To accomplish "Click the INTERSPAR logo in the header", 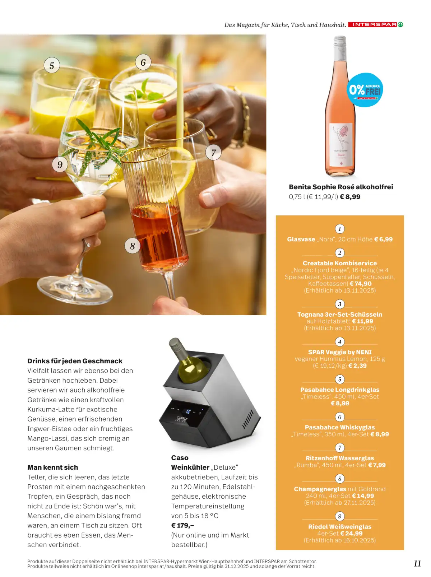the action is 375,24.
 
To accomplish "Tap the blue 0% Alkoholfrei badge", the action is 365,90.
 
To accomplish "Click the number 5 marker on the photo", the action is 52,65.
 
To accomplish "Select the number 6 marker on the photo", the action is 143,62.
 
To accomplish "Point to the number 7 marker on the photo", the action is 213,152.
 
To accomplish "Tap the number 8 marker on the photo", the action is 132,246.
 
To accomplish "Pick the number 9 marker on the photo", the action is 60,164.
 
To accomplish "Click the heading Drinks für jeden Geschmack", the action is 75,360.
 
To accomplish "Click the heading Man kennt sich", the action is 52,467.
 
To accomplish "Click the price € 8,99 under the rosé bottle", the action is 350,197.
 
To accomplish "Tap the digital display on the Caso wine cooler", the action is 188,411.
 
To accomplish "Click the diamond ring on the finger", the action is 87,245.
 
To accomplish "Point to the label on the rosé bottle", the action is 340,145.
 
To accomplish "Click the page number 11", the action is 417,563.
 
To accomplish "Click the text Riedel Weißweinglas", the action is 340,526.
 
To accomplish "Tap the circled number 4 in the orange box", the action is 340,341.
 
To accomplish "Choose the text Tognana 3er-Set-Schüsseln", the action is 340,315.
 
